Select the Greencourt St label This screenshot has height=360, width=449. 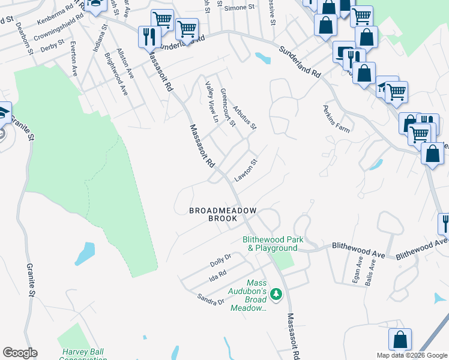point(228,107)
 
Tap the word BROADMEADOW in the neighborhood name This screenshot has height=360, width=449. point(223,211)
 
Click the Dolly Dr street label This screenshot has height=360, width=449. point(220,260)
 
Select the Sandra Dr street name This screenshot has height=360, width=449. point(212,298)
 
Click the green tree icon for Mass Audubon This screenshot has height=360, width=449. point(276,294)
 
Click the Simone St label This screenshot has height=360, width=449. point(235,9)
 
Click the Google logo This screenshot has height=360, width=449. point(20,353)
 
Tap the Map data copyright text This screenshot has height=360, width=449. point(412,355)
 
